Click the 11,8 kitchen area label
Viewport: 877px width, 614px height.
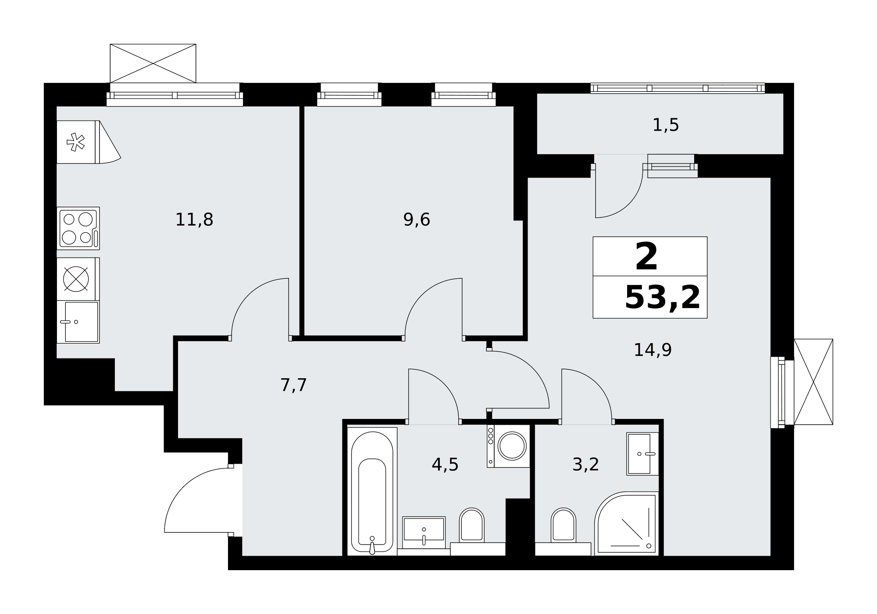pyautogui.click(x=194, y=220)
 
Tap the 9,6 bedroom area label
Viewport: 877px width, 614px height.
pyautogui.click(x=417, y=220)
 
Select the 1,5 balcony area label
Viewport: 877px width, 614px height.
pyautogui.click(x=666, y=125)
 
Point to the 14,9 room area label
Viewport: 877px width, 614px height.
pyautogui.click(x=652, y=350)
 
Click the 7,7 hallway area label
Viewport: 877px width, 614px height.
pyautogui.click(x=293, y=385)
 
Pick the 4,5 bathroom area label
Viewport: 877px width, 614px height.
pyautogui.click(x=445, y=465)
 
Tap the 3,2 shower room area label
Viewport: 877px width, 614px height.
pyautogui.click(x=585, y=465)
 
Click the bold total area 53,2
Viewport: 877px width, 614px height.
pyautogui.click(x=662, y=298)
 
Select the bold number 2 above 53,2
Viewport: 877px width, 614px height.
pyautogui.click(x=646, y=257)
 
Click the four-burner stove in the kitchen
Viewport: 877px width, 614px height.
pyautogui.click(x=78, y=228)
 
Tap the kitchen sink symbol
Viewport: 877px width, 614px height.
pyautogui.click(x=78, y=322)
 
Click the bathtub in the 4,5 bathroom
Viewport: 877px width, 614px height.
pyautogui.click(x=372, y=491)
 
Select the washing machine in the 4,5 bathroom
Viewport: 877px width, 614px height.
pyautogui.click(x=508, y=446)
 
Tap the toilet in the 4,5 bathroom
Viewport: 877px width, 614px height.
pyautogui.click(x=471, y=528)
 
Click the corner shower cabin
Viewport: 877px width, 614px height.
pyautogui.click(x=627, y=523)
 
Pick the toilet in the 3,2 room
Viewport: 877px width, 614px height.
pyautogui.click(x=563, y=528)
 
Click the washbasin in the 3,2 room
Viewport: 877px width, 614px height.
pyautogui.click(x=642, y=454)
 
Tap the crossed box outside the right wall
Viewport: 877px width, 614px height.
pyautogui.click(x=813, y=382)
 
